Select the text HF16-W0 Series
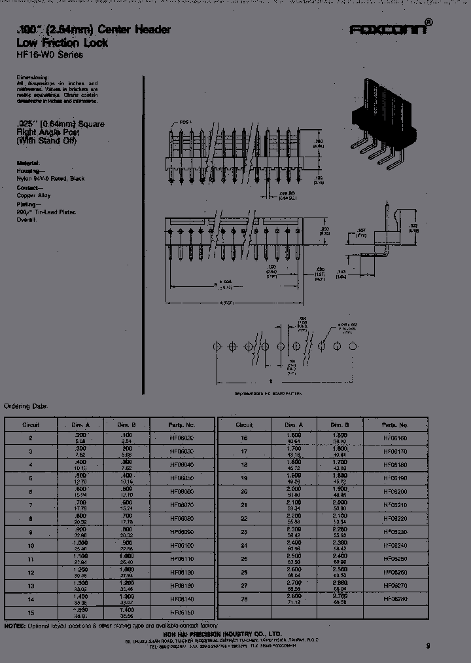coord(50,55)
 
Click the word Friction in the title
coord(60,43)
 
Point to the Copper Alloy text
coord(33,195)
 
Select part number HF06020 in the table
coord(182,437)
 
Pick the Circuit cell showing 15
coord(31,613)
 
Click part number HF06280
coord(395,597)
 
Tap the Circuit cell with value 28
coord(244,597)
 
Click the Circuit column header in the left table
coord(31,425)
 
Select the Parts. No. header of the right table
coord(395,425)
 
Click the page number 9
coord(428,645)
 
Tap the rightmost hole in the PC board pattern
coord(353,346)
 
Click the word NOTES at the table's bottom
coord(15,626)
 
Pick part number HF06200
coord(395,490)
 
